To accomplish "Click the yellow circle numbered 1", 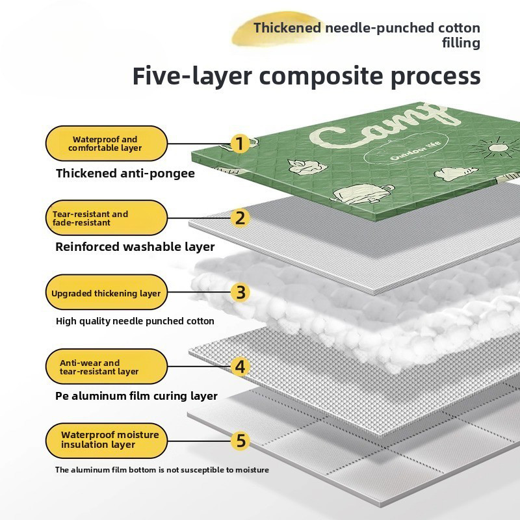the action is [x=240, y=144].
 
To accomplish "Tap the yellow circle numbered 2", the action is [x=240, y=218].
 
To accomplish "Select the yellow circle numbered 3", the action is [x=240, y=292].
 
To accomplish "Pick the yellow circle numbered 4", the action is [x=240, y=367].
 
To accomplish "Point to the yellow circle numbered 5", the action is [x=240, y=441].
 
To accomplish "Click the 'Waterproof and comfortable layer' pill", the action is [x=107, y=144].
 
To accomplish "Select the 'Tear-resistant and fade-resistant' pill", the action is [x=107, y=218].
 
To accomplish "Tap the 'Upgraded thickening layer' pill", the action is [x=107, y=292].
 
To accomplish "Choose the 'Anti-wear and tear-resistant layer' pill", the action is [x=107, y=367].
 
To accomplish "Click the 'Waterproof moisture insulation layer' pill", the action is [x=107, y=441].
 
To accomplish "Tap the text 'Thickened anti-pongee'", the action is [x=125, y=174].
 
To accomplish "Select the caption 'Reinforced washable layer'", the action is [x=135, y=247].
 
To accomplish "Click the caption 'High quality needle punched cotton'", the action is [x=135, y=321].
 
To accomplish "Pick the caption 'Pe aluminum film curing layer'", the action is [x=136, y=396].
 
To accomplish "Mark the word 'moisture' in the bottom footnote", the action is [x=252, y=469].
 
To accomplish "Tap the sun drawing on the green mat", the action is [x=493, y=147].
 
